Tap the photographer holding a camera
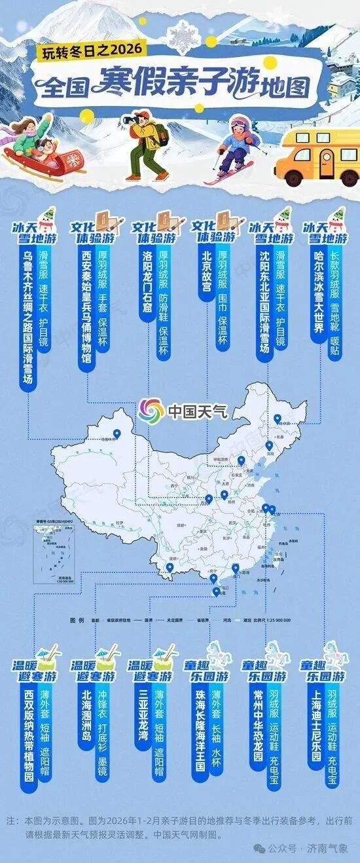click(145, 144)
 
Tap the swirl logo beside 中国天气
click(151, 411)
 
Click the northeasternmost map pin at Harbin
click(277, 420)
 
